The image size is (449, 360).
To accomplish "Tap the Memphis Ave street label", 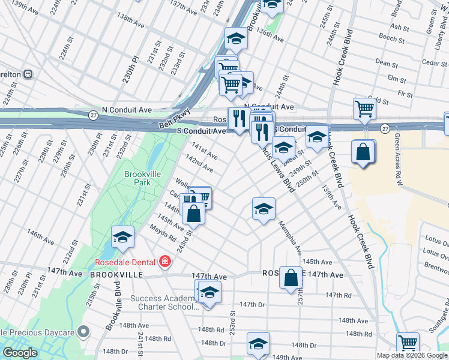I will click(x=291, y=238).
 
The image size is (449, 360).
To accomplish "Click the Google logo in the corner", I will click(x=19, y=353).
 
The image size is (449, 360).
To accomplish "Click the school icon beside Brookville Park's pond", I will click(x=122, y=237).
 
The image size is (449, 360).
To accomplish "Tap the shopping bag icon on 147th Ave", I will click(x=291, y=278).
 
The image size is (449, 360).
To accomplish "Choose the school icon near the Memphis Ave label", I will click(x=263, y=209).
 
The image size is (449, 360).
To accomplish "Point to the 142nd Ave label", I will click(x=199, y=162).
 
